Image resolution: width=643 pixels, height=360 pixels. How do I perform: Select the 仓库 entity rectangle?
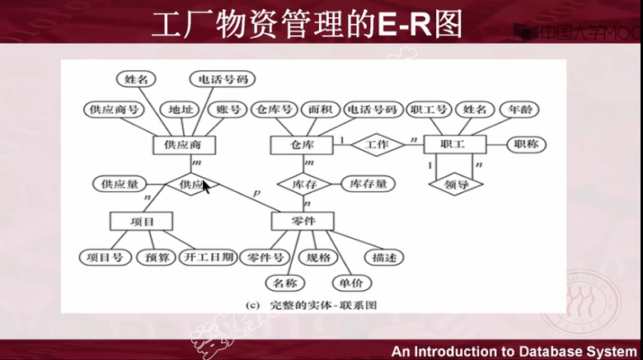point(302,145)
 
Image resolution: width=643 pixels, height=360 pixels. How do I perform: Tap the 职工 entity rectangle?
point(453,145)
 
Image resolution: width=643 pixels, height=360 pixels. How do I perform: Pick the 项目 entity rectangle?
point(141,221)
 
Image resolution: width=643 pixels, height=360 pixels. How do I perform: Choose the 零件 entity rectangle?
point(302,221)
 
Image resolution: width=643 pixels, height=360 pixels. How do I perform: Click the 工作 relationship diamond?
point(378,145)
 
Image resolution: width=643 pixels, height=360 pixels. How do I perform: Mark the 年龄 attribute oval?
point(520,109)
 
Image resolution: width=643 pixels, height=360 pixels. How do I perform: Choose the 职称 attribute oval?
point(525,145)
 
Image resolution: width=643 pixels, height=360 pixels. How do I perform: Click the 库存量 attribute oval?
point(368,184)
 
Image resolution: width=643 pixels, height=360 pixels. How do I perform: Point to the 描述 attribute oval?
point(383,257)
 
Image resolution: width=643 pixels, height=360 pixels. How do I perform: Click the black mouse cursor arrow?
point(206,188)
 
